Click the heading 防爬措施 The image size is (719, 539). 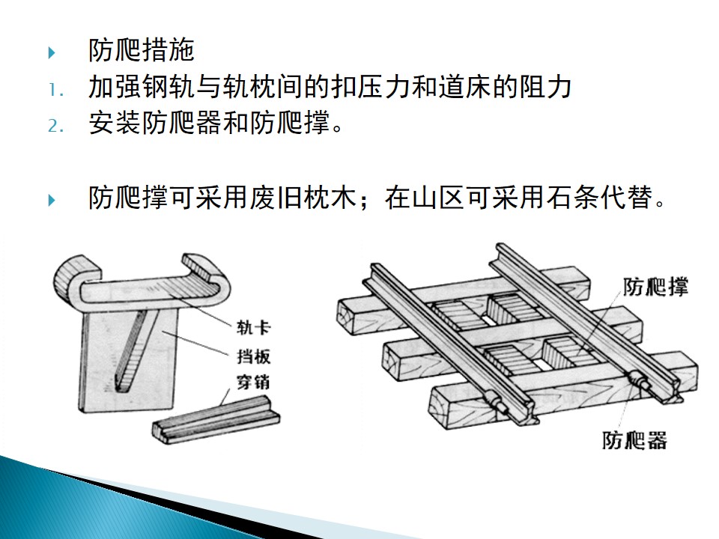coord(142,50)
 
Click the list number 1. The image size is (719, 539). coord(55,90)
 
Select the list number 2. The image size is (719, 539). coord(55,126)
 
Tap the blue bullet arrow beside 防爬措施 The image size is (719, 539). coord(52,52)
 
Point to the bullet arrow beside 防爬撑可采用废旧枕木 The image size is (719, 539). coord(52,200)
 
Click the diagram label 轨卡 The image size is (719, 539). coord(254,327)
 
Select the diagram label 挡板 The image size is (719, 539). coord(254,356)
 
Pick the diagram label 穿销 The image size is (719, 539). coord(252,382)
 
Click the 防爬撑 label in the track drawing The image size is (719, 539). coord(656,287)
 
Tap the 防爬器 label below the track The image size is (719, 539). coord(634,440)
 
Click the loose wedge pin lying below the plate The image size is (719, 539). coord(216,420)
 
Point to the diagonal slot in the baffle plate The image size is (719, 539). coord(130,350)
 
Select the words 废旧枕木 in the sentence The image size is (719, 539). coord(303,198)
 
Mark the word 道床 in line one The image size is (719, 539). coord(465,87)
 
